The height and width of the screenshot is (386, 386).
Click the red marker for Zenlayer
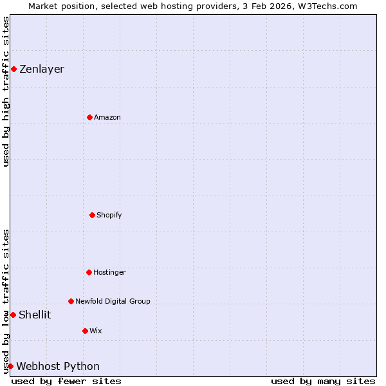(x=14, y=69)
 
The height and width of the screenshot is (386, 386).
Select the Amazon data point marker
(x=89, y=117)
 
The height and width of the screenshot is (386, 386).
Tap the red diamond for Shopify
(x=92, y=215)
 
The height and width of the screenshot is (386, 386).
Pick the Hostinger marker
(x=89, y=272)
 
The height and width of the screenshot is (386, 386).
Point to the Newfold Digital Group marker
(x=71, y=301)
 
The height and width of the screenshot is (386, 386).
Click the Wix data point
(x=85, y=331)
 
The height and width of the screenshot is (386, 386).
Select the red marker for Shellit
(x=13, y=315)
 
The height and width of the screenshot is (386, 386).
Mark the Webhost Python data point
(x=10, y=366)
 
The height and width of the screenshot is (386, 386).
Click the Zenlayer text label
(x=42, y=69)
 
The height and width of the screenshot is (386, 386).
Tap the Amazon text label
(x=107, y=117)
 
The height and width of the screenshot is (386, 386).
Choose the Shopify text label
(x=109, y=215)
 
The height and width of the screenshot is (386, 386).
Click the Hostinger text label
(x=109, y=272)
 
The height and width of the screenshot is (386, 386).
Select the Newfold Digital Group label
(x=113, y=301)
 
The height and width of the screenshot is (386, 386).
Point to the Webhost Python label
(x=58, y=366)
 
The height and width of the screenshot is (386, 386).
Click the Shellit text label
(x=35, y=315)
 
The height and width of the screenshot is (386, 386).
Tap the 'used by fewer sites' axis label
(x=66, y=381)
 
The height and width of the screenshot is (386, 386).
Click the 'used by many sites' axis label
(x=323, y=381)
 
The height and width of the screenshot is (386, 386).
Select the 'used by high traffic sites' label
(x=6, y=91)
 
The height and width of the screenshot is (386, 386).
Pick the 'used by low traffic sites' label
(x=6, y=301)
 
